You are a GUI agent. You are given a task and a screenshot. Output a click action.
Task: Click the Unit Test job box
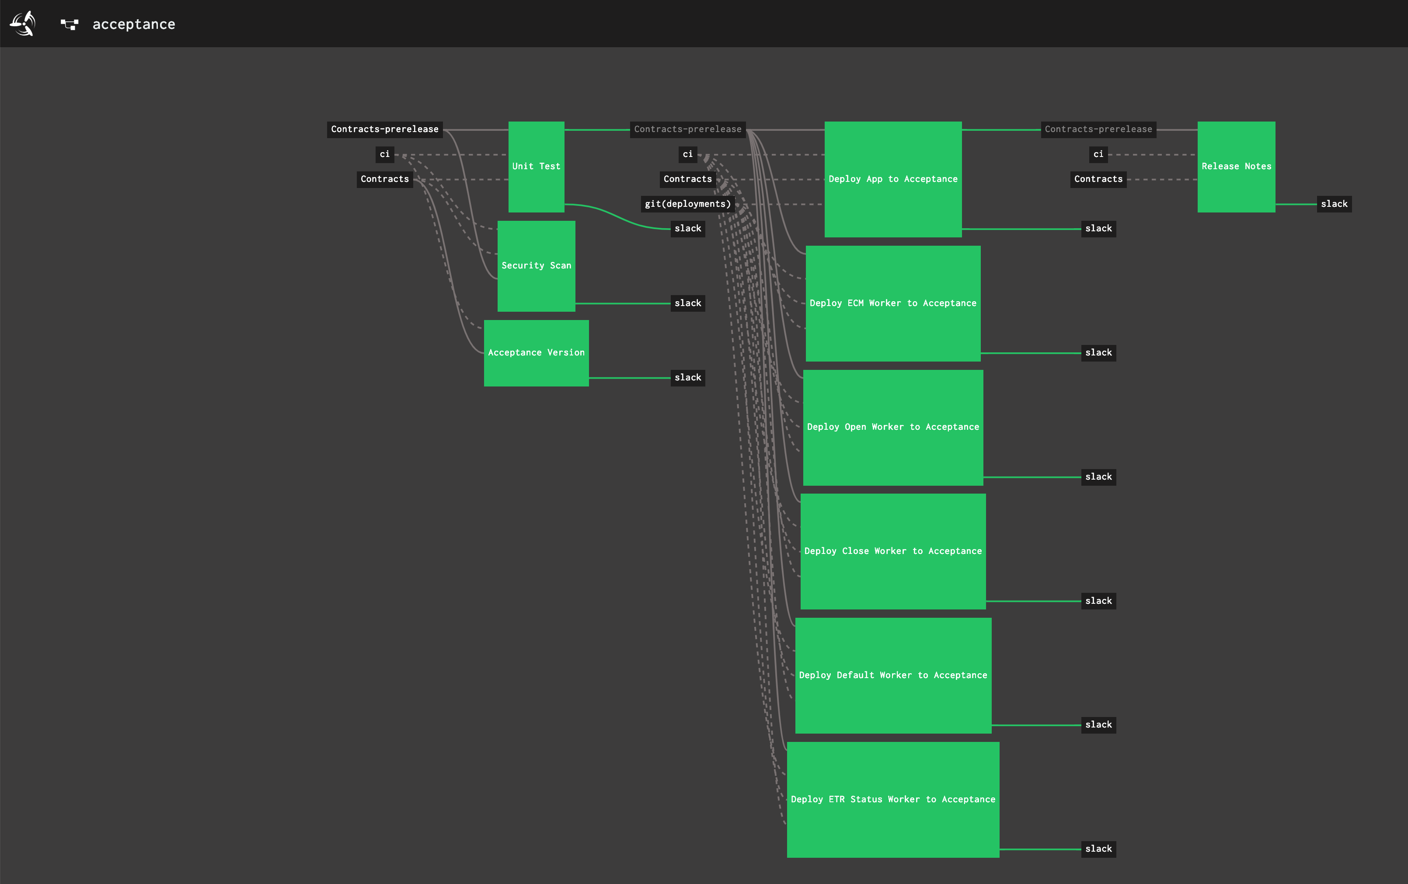(536, 167)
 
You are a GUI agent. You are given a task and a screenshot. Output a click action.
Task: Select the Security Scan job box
(536, 266)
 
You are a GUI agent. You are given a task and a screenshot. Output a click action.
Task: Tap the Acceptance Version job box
(536, 352)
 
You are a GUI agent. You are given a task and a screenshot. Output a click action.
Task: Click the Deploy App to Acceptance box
(893, 179)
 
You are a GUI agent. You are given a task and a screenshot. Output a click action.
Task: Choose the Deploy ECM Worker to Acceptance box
(893, 303)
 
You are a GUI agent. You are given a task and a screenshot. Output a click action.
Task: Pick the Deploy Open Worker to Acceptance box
(893, 427)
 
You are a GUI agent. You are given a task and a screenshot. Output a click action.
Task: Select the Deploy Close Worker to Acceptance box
(893, 551)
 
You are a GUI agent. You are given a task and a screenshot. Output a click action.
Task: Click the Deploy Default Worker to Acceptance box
(893, 675)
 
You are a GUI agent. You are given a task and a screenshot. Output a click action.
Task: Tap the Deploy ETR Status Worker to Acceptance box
(893, 799)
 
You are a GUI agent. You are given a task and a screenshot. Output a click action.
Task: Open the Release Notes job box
(1236, 167)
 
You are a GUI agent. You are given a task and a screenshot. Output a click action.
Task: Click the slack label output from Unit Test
(688, 229)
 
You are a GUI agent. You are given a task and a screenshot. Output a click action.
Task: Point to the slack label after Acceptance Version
(688, 378)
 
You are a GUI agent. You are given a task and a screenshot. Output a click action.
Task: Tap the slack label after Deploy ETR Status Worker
(1098, 849)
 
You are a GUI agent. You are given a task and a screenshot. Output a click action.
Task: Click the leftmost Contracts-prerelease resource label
(385, 129)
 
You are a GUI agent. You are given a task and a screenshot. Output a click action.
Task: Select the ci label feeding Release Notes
(1098, 154)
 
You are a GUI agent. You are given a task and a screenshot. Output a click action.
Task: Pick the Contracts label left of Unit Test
(385, 179)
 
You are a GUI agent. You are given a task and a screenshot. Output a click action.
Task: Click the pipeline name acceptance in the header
(134, 24)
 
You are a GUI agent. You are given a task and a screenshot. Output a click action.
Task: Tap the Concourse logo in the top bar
(23, 23)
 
